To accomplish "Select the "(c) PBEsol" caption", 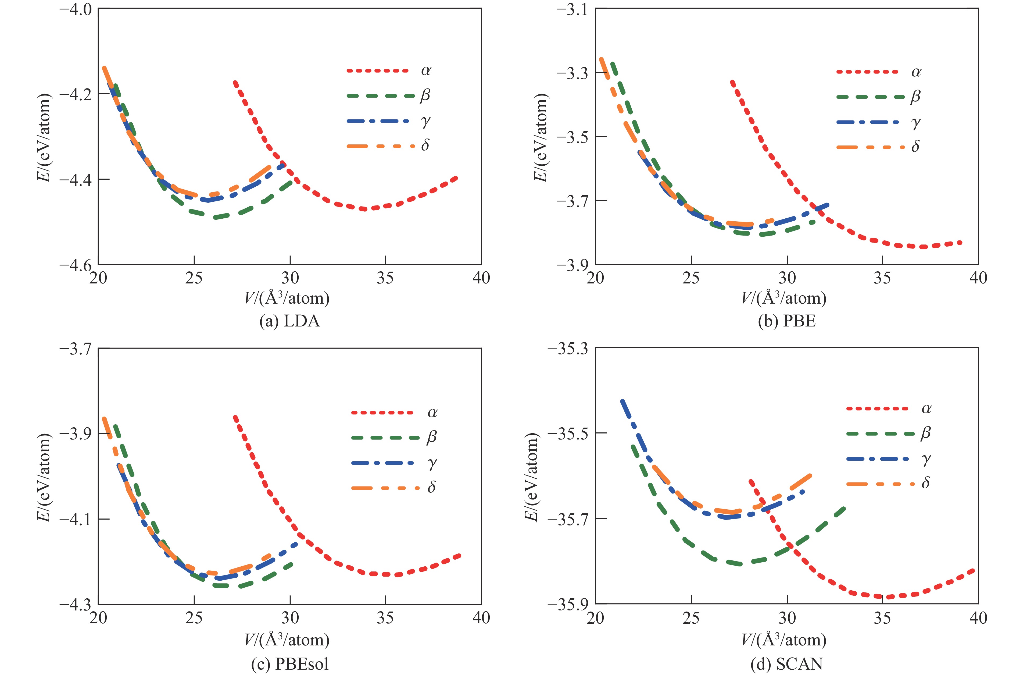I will (289, 664).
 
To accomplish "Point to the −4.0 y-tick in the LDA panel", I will (76, 9).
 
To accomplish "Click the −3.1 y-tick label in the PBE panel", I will (573, 9).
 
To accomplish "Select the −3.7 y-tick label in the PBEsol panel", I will (76, 349).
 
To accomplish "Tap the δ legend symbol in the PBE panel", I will (916, 147).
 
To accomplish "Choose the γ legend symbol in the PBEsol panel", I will (432, 463).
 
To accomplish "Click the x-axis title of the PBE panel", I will (783, 298).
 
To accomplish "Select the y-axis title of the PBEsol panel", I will (44, 477).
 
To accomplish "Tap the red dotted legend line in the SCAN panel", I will (878, 408).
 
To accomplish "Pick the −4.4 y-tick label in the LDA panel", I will (76, 180).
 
